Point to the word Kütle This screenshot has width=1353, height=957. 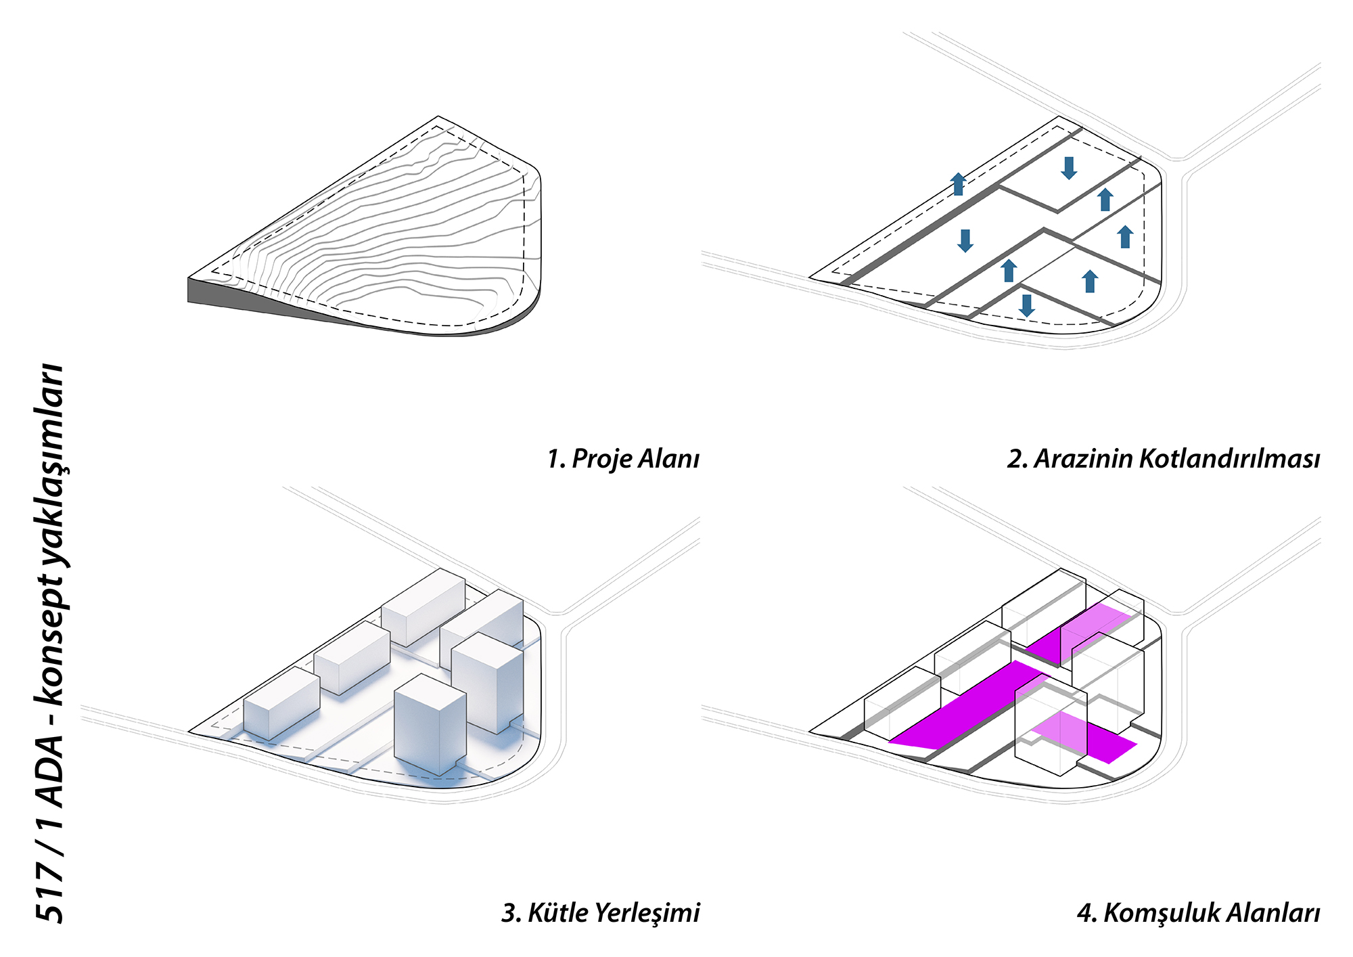pos(557,913)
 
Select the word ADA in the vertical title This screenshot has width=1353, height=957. pos(50,772)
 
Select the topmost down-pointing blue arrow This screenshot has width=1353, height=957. pos(1069,168)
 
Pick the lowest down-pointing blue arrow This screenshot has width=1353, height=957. pos(1027,305)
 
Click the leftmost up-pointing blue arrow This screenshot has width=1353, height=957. pos(958,183)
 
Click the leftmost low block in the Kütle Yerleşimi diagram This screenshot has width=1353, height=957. pos(281,704)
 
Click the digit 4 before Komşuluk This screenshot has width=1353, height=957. pos(1085,913)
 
